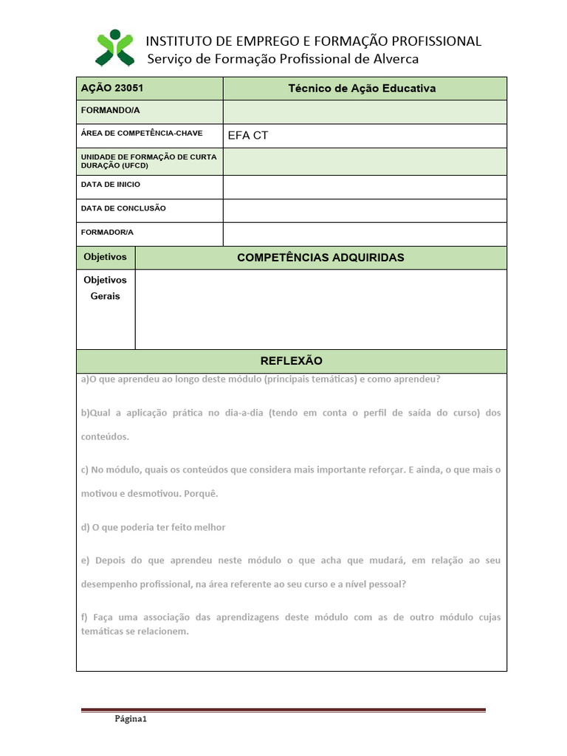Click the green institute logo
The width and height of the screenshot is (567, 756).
tap(115, 48)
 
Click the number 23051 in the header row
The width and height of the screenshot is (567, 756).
tap(128, 88)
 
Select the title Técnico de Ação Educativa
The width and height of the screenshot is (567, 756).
tap(362, 89)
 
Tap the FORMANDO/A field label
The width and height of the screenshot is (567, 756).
tap(110, 111)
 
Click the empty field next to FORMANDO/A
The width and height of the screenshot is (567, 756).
tap(365, 112)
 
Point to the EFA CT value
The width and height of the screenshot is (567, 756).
tap(248, 136)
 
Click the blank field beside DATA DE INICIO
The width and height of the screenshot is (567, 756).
tap(365, 187)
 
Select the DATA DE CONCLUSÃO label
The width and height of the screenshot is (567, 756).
tap(123, 208)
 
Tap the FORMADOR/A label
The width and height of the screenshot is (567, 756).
tap(107, 232)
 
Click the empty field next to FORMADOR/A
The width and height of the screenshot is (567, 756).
tap(365, 233)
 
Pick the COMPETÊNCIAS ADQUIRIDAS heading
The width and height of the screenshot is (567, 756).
tap(320, 258)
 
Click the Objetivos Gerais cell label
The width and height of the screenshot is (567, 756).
tap(105, 288)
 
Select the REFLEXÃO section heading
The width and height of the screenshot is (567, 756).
tap(292, 361)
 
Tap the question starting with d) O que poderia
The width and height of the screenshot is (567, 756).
tap(154, 527)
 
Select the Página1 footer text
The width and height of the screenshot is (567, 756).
tap(131, 719)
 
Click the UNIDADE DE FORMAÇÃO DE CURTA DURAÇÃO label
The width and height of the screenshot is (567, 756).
tap(148, 161)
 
